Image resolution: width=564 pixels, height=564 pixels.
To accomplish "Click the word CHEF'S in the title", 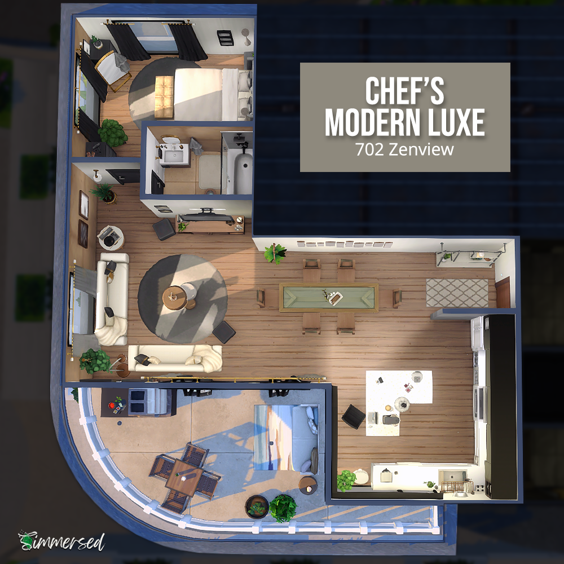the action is click(x=404, y=91).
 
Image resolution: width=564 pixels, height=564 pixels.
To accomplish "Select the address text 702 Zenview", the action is click(x=404, y=149).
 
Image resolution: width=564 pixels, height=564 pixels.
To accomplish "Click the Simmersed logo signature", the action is click(x=61, y=541).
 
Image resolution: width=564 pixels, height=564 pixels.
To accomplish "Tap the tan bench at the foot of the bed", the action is click(x=164, y=97).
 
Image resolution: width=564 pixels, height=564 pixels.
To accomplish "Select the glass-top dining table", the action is click(x=329, y=297).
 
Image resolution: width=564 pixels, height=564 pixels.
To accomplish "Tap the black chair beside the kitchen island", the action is click(x=353, y=417).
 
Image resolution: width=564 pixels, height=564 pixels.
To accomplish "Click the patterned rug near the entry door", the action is click(x=457, y=292).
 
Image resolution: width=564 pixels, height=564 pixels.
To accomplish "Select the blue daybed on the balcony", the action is click(x=287, y=437).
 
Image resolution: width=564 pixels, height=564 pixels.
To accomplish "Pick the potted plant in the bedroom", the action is click(x=113, y=133).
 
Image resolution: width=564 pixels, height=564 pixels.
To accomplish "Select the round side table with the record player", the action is click(x=111, y=237).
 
